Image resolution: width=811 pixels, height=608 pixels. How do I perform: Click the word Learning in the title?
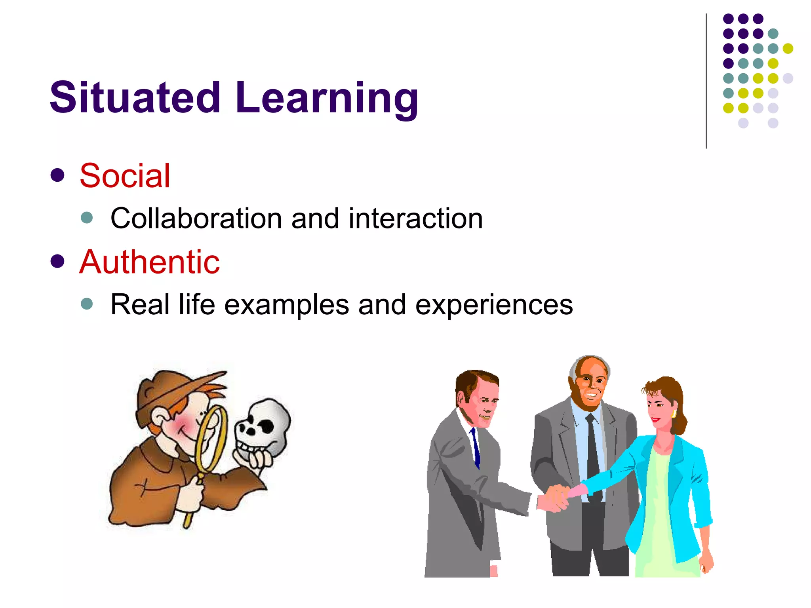(327, 98)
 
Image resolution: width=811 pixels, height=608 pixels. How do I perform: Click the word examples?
(287, 304)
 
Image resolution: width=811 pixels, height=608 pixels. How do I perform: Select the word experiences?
(494, 305)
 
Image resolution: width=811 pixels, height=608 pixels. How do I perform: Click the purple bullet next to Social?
(58, 175)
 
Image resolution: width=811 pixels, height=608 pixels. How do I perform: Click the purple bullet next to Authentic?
(58, 261)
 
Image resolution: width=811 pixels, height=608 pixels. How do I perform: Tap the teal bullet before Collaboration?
(87, 217)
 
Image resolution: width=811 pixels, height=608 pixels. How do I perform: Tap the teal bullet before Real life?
(87, 304)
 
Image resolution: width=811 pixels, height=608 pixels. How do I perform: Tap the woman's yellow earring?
(674, 414)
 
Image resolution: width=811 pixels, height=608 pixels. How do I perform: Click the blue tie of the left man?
(475, 447)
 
